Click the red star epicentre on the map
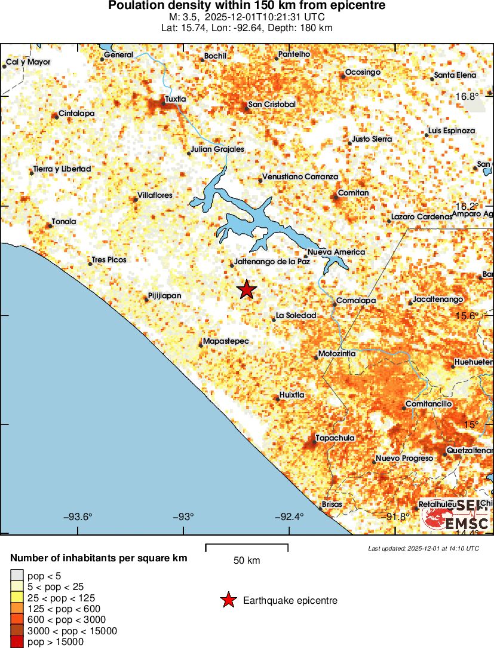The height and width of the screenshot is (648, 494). (x=246, y=290)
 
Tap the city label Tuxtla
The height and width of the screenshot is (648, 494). (x=176, y=99)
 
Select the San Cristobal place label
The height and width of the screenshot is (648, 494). (x=272, y=105)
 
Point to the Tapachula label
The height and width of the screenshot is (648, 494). (x=335, y=438)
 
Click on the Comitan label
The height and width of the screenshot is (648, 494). (x=353, y=193)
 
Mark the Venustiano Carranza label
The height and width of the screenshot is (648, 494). (x=300, y=177)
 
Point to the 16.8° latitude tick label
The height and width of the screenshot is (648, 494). (x=465, y=96)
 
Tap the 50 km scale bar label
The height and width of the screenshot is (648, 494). (x=247, y=561)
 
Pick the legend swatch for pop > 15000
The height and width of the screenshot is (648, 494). (x=16, y=643)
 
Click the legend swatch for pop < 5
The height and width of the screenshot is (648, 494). (x=16, y=576)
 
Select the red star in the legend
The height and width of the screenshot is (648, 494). (x=228, y=600)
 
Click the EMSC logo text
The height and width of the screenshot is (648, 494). (x=467, y=524)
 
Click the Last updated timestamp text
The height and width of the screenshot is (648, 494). (x=424, y=548)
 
